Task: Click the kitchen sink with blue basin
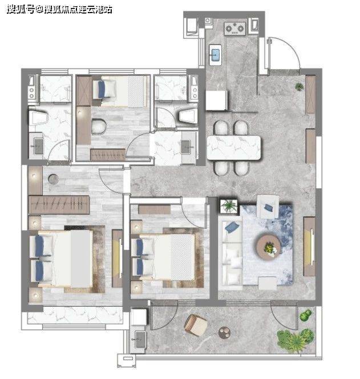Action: coord(215,55)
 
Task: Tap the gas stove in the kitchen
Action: coord(235,29)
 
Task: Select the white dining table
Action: coord(234,148)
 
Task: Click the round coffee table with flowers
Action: coord(269,245)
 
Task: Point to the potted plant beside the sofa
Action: coord(229,206)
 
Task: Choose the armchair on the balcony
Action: coord(196,325)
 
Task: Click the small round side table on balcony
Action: coord(224,333)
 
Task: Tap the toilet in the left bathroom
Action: coord(38,118)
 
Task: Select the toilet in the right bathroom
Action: coord(188,115)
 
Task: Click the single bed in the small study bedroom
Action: coord(120,91)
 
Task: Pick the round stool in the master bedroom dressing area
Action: coord(54,179)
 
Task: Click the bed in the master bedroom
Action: coord(62,259)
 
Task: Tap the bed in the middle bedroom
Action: coord(163,257)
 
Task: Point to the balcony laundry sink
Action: coord(139,340)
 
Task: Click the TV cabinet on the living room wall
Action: coord(309,247)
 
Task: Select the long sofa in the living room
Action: coord(230,253)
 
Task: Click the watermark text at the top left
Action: coord(59,10)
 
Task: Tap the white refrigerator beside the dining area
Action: coord(217,100)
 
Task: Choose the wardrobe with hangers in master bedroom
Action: coord(59,205)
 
